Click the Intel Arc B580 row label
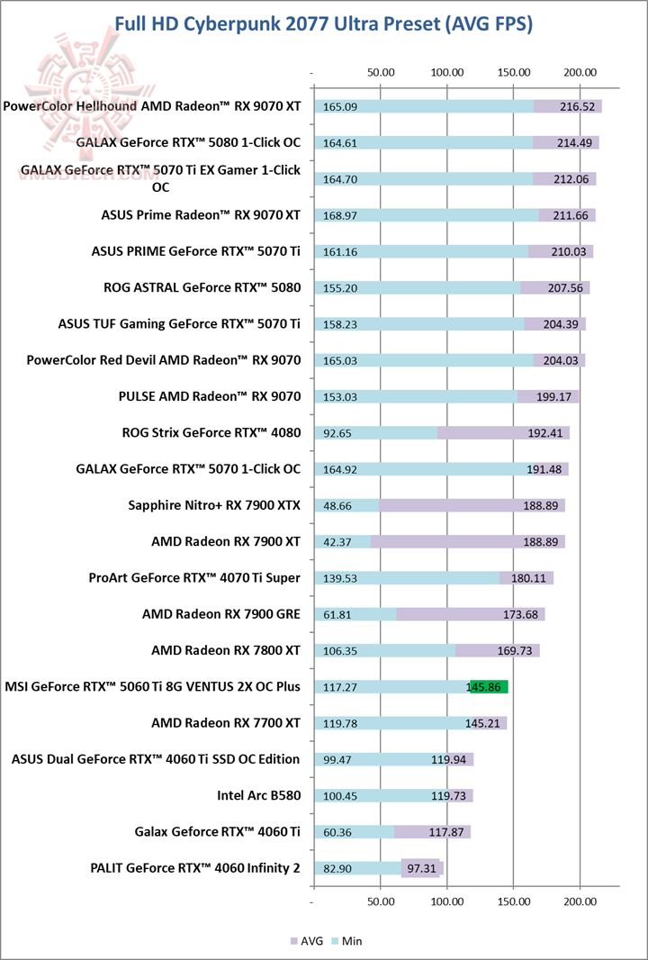tap(258, 795)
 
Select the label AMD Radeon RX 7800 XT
tap(226, 650)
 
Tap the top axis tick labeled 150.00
tap(513, 72)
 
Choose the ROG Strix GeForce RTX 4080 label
tap(211, 432)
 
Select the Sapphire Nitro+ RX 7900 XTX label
tap(215, 505)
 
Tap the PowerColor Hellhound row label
tap(152, 106)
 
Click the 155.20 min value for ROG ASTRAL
tap(341, 287)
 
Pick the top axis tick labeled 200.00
tap(580, 72)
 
